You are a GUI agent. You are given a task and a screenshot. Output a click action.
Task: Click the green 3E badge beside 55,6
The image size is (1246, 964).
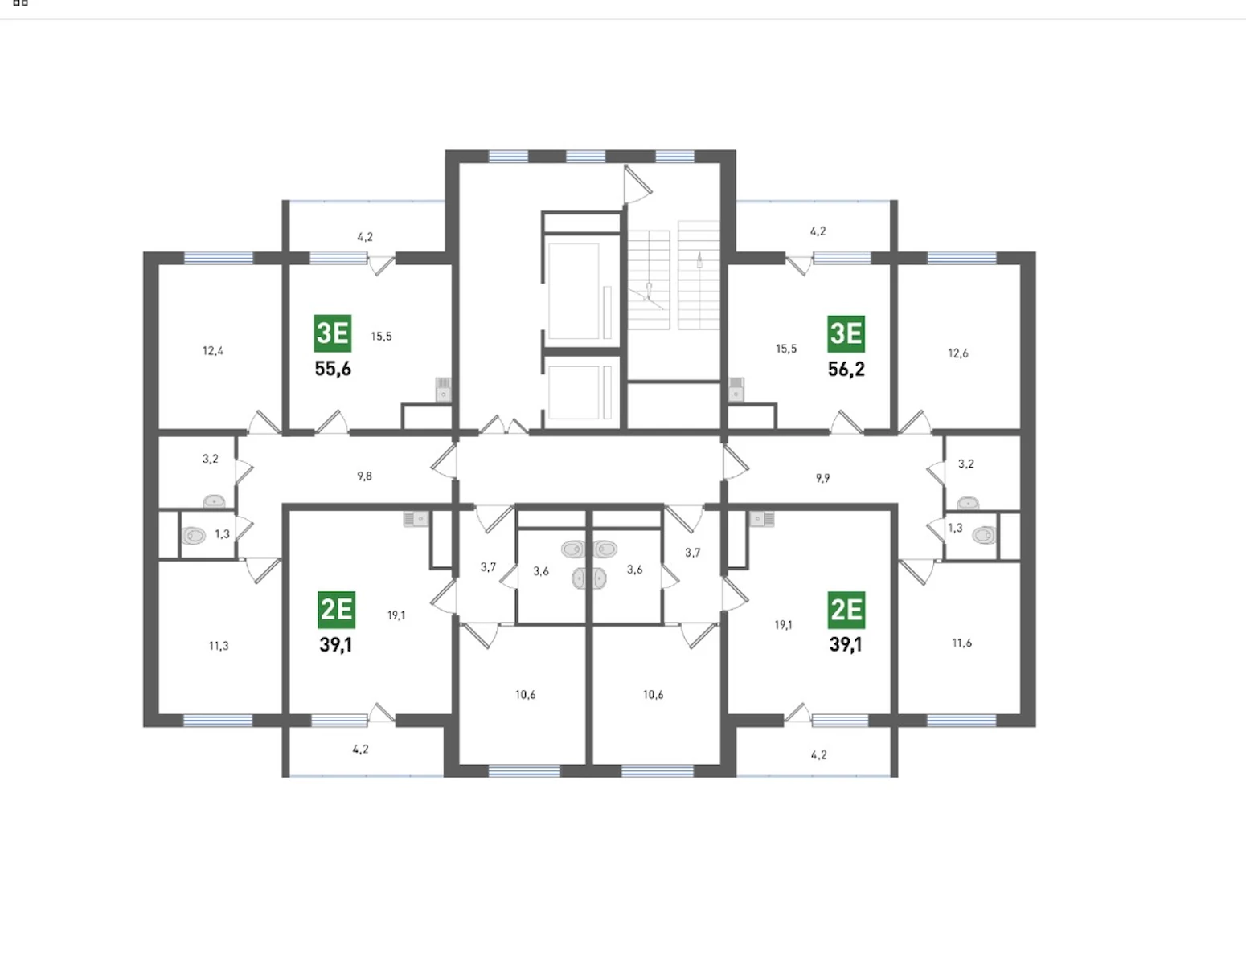333,333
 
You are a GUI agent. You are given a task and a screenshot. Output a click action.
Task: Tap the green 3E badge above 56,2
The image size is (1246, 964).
846,334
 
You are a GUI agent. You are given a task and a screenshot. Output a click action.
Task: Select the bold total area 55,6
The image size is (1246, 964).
333,369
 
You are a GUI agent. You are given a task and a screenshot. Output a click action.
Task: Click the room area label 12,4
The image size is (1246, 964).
213,351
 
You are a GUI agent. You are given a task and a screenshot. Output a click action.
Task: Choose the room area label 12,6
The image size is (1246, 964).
958,353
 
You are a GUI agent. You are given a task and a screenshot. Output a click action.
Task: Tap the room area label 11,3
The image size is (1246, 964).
219,646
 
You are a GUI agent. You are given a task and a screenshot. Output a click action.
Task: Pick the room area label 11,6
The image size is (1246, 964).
962,643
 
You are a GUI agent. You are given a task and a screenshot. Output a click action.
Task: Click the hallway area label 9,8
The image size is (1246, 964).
364,476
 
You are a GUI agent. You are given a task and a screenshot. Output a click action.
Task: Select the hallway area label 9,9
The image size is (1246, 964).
823,478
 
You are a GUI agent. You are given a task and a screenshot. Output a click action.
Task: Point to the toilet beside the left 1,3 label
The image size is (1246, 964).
194,536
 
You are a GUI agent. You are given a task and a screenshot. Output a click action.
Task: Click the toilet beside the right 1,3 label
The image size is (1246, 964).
984,535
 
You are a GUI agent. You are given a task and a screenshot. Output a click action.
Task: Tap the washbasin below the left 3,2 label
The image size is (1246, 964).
215,502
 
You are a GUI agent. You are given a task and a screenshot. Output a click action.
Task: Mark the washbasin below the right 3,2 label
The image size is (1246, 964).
968,503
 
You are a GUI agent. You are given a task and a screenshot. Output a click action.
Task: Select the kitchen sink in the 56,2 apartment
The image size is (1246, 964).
736,390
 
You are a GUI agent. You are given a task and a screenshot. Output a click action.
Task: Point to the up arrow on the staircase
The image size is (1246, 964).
699,260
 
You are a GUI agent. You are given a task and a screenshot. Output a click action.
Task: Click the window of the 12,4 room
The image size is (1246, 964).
219,259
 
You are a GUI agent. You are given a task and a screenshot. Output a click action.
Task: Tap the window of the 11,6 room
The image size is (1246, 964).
961,721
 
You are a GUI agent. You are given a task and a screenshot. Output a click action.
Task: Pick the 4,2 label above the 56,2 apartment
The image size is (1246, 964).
818,231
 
